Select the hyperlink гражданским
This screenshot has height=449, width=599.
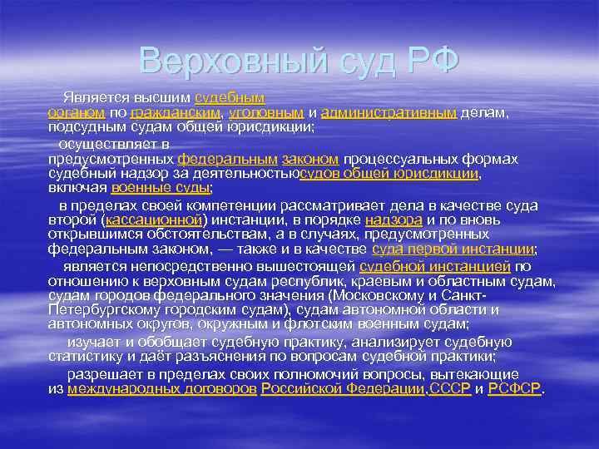point(176,112)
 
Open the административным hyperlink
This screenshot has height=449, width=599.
point(388,112)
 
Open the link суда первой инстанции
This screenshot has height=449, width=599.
point(453,249)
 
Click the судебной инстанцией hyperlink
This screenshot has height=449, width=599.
point(434,266)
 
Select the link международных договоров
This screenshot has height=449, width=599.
point(161,388)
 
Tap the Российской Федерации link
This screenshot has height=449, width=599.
point(343,388)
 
